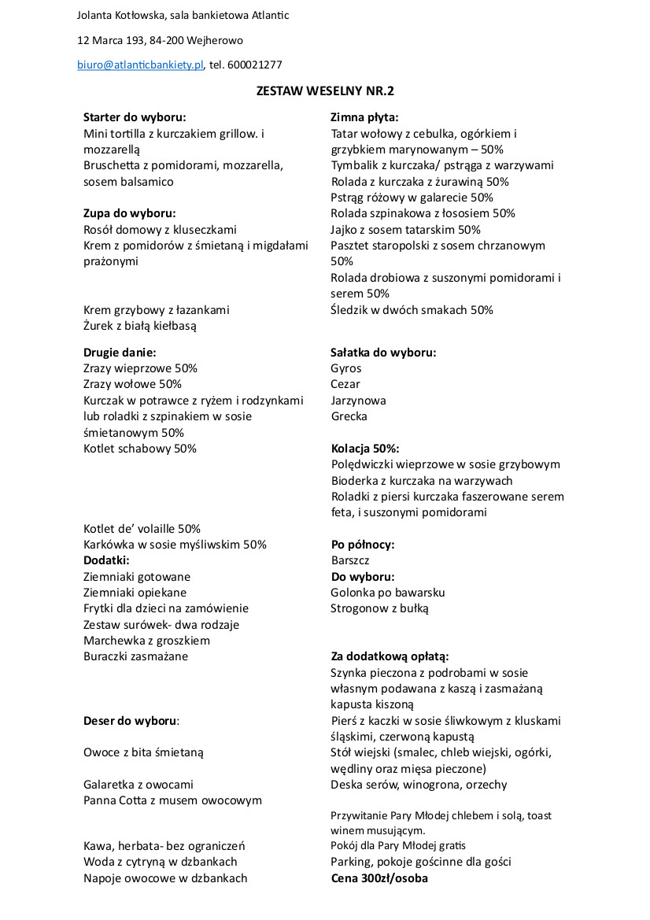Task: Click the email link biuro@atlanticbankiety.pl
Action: (x=140, y=65)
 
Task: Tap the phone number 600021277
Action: (x=254, y=65)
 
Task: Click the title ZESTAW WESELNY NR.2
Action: (x=325, y=91)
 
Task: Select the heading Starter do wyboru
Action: (x=135, y=117)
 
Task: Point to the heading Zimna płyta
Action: (x=364, y=117)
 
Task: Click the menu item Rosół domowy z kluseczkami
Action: (x=160, y=229)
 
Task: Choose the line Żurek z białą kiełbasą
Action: (x=140, y=325)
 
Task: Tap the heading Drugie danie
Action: (x=120, y=352)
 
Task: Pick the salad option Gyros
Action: (x=346, y=368)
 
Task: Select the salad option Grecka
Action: (x=349, y=416)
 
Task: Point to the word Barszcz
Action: (x=350, y=560)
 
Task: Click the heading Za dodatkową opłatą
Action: (x=390, y=656)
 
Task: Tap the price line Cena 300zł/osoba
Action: (x=379, y=878)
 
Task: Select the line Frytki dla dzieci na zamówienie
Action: (x=166, y=608)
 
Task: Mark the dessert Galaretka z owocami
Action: (x=138, y=784)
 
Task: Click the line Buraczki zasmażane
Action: (x=136, y=656)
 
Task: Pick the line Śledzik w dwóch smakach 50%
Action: (x=412, y=309)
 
